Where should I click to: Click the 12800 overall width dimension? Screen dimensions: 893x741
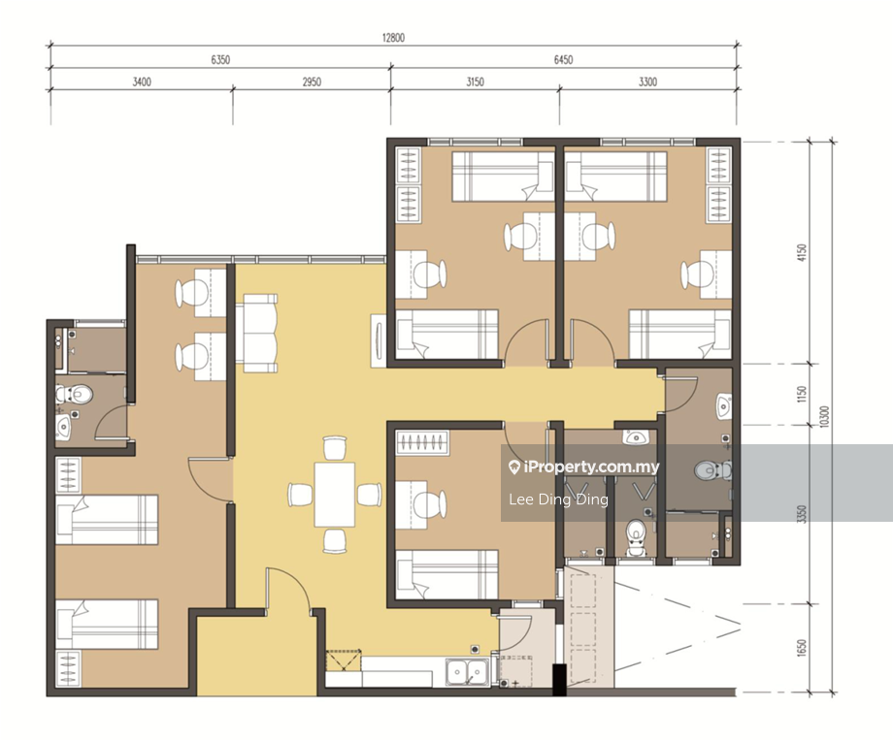click(393, 38)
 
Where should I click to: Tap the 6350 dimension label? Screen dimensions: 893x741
click(220, 60)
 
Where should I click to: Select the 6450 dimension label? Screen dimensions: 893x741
click(563, 60)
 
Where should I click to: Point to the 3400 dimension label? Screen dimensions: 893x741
click(142, 81)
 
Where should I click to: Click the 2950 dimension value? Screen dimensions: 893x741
click(312, 81)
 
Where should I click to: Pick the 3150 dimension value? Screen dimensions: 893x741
click(475, 81)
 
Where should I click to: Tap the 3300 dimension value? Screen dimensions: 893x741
click(647, 81)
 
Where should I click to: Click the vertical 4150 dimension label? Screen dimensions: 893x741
click(802, 253)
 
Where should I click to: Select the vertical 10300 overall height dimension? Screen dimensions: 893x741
click(826, 417)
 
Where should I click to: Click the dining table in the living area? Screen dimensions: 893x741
click(334, 495)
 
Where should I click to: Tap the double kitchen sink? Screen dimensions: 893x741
click(467, 672)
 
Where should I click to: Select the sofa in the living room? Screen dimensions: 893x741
click(260, 334)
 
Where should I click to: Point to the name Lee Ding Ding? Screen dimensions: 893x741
click(558, 499)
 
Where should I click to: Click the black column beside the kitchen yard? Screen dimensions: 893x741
click(560, 680)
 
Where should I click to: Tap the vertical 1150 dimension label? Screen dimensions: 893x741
click(802, 394)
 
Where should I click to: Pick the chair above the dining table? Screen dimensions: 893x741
click(334, 448)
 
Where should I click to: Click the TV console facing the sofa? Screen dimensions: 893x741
click(379, 340)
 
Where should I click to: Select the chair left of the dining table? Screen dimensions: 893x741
click(300, 494)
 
